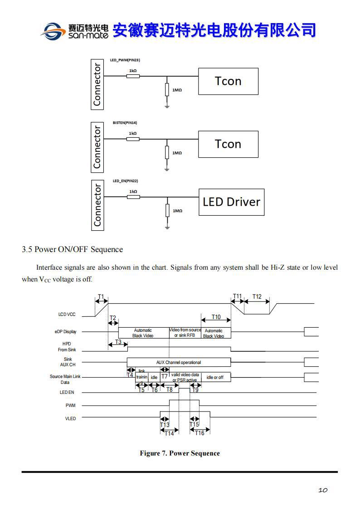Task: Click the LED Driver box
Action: [231, 202]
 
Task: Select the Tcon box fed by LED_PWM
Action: [228, 81]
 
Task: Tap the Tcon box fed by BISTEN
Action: [228, 144]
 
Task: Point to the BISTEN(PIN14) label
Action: [125, 123]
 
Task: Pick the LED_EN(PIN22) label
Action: [125, 181]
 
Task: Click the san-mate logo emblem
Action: [54, 31]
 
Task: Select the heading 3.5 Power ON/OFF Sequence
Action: [73, 249]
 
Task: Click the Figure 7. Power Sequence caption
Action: [180, 453]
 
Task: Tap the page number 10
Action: [323, 490]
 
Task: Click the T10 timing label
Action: [216, 317]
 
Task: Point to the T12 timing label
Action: [257, 297]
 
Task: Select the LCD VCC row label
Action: [67, 314]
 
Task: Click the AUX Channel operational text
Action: [178, 362]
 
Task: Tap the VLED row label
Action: [70, 418]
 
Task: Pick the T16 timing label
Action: [199, 433]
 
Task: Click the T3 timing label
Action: [118, 342]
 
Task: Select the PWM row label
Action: [71, 405]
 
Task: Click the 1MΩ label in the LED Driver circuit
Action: [177, 211]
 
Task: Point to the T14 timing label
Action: [169, 433]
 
